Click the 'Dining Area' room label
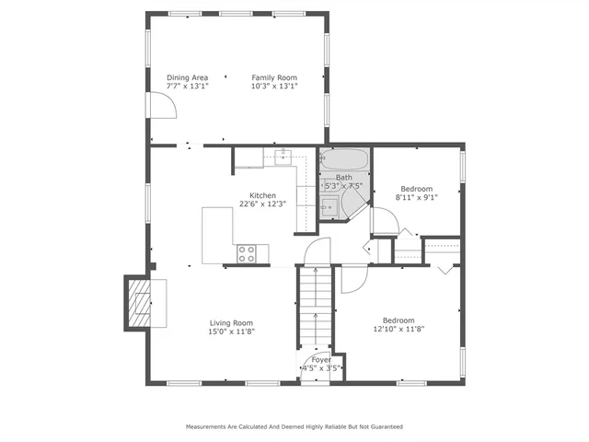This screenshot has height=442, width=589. coord(187,77)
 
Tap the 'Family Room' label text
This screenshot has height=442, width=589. coord(273,77)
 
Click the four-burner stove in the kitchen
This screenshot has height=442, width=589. coord(247,253)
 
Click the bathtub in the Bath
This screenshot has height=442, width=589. coord(345,159)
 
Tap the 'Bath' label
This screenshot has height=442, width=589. coord(343,177)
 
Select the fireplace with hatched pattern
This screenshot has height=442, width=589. coord(139,303)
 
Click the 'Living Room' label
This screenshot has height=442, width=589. coord(231,322)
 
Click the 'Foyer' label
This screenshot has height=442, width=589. coord(321,360)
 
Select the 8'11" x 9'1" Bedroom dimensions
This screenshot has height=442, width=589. coord(416,196)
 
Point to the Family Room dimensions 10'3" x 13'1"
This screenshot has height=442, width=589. coord(273,86)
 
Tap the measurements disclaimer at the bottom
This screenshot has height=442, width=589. coord(294,427)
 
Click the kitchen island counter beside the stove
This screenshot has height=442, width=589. coord(219,235)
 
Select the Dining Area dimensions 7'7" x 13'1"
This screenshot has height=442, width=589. coord(187,86)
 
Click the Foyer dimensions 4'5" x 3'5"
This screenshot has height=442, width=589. coord(321,368)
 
